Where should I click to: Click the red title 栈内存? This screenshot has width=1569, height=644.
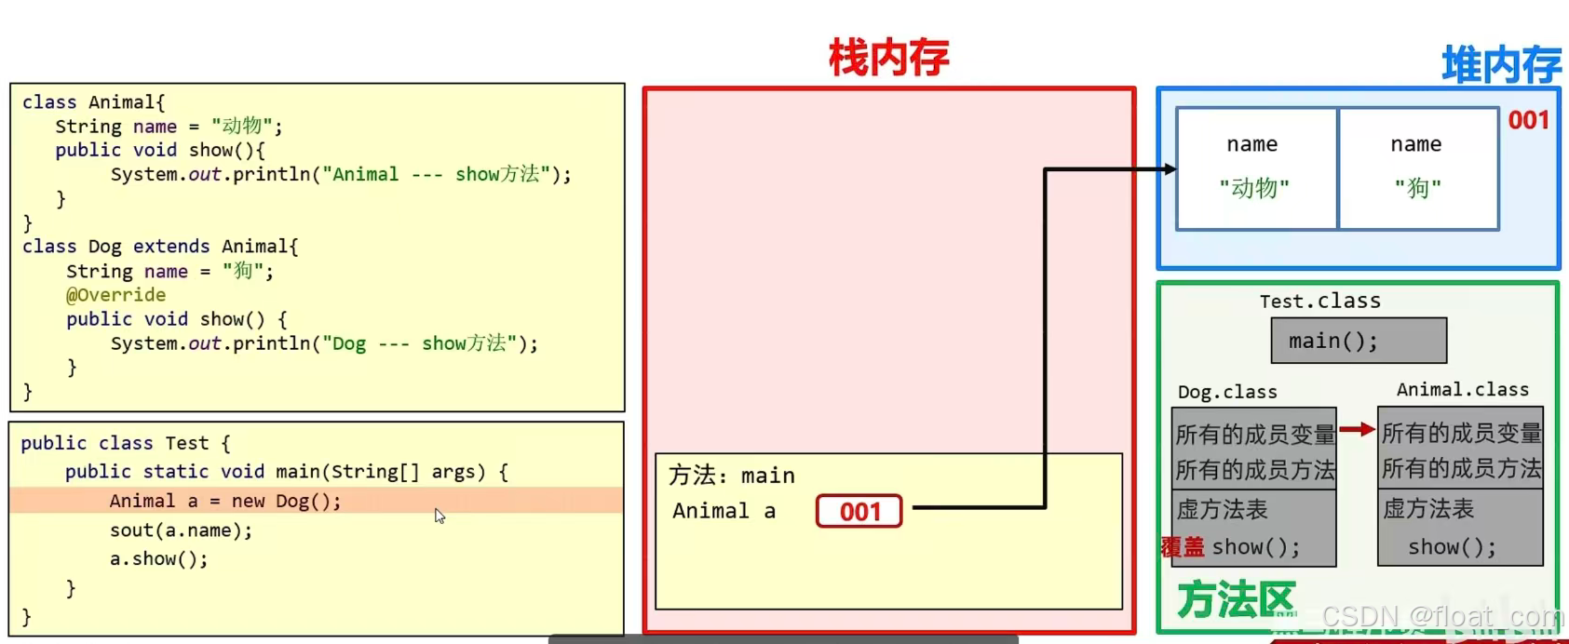(888, 58)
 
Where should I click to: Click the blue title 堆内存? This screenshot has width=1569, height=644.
(1500, 65)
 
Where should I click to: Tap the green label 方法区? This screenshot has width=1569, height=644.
(1236, 600)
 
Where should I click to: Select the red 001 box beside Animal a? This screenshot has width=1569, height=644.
(859, 511)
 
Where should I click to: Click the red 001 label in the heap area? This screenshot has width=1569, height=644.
(1528, 120)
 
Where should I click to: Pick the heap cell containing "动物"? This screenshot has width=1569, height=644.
(1255, 168)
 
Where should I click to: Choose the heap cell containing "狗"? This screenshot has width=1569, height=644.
(1418, 168)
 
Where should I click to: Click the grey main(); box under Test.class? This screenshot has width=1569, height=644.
(1358, 341)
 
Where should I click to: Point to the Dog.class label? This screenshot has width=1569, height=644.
(1227, 392)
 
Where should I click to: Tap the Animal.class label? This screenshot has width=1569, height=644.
(1462, 390)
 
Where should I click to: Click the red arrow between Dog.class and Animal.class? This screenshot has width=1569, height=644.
(1357, 429)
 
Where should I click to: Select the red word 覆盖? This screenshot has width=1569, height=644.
(1183, 547)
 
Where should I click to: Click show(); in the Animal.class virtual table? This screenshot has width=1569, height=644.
(1452, 547)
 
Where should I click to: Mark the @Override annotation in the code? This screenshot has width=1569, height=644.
(115, 295)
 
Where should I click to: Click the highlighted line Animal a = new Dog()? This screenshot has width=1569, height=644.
(225, 501)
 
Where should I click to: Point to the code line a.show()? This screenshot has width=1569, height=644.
(159, 559)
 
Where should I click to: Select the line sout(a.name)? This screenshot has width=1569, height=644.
(181, 530)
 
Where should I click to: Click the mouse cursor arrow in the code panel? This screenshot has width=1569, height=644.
(440, 516)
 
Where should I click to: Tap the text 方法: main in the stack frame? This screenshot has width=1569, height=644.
(731, 476)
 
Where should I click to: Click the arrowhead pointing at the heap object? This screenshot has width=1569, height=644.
(1169, 169)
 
